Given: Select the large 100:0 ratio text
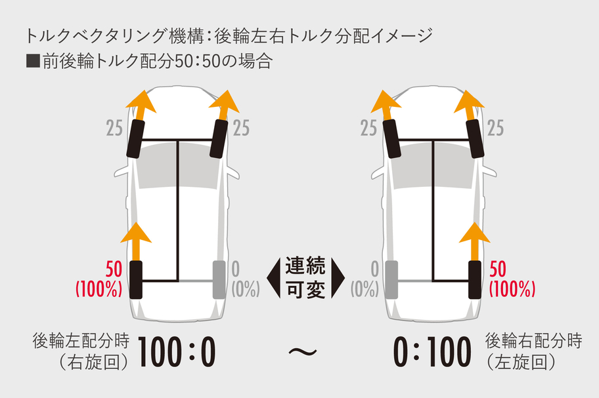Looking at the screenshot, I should pyautogui.click(x=177, y=353).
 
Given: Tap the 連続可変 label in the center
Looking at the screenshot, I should pyautogui.click(x=305, y=278).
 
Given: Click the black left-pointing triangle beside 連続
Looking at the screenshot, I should pyautogui.click(x=275, y=277).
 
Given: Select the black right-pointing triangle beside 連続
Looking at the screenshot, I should pyautogui.click(x=337, y=277).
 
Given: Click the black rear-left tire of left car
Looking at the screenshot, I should pyautogui.click(x=137, y=280).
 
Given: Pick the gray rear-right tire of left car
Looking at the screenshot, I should pyautogui.click(x=219, y=280).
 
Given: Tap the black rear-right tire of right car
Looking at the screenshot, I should pyautogui.click(x=475, y=280).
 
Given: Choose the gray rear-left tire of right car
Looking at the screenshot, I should pyautogui.click(x=392, y=280).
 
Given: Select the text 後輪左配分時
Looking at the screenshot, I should pyautogui.click(x=80, y=342).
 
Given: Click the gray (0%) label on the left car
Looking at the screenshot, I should pyautogui.click(x=244, y=289).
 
